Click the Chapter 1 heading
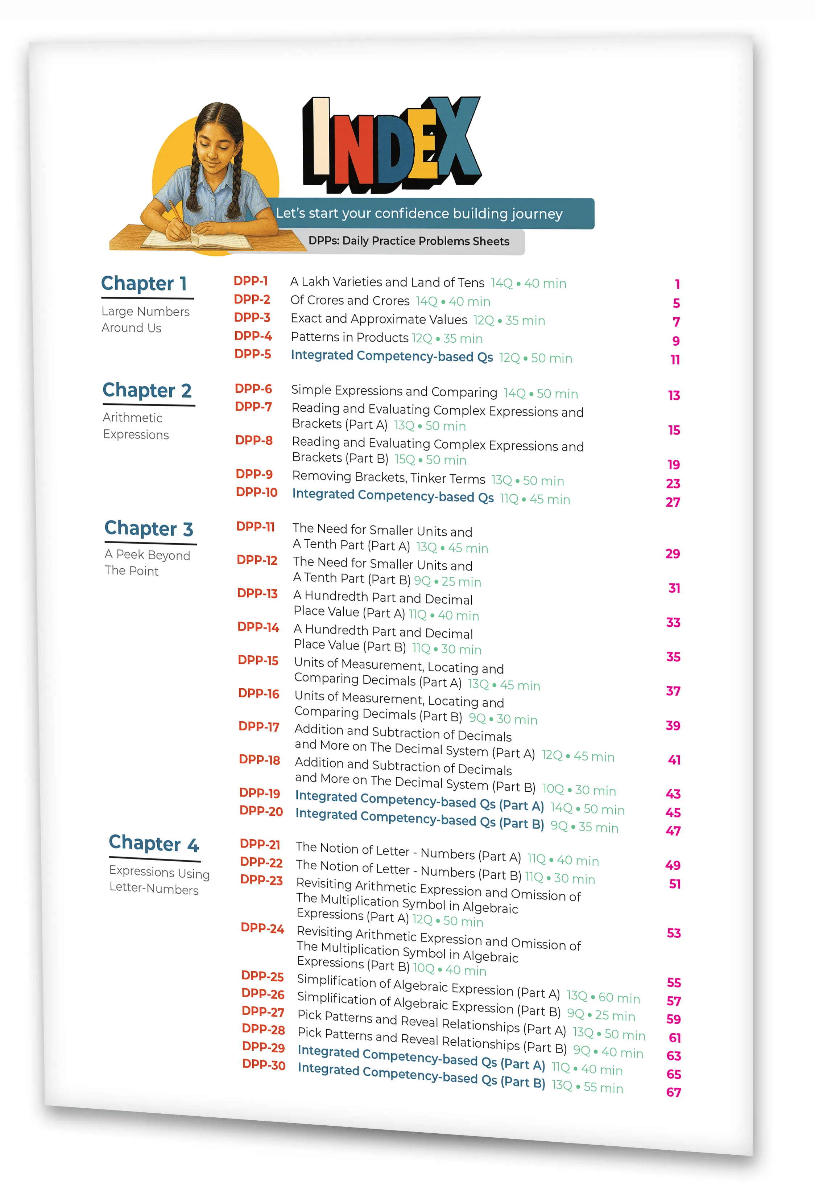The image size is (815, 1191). click(144, 283)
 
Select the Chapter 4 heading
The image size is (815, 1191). click(154, 844)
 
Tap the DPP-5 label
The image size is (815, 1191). click(253, 354)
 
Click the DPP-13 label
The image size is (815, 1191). click(257, 593)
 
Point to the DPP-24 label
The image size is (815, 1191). click(262, 928)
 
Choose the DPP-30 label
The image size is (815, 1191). click(264, 1064)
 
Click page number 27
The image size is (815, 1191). click(673, 502)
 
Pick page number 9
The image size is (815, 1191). click(676, 341)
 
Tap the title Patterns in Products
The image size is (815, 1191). click(349, 337)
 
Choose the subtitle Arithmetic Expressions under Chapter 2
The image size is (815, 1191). click(136, 426)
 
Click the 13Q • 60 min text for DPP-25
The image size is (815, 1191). click(603, 997)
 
